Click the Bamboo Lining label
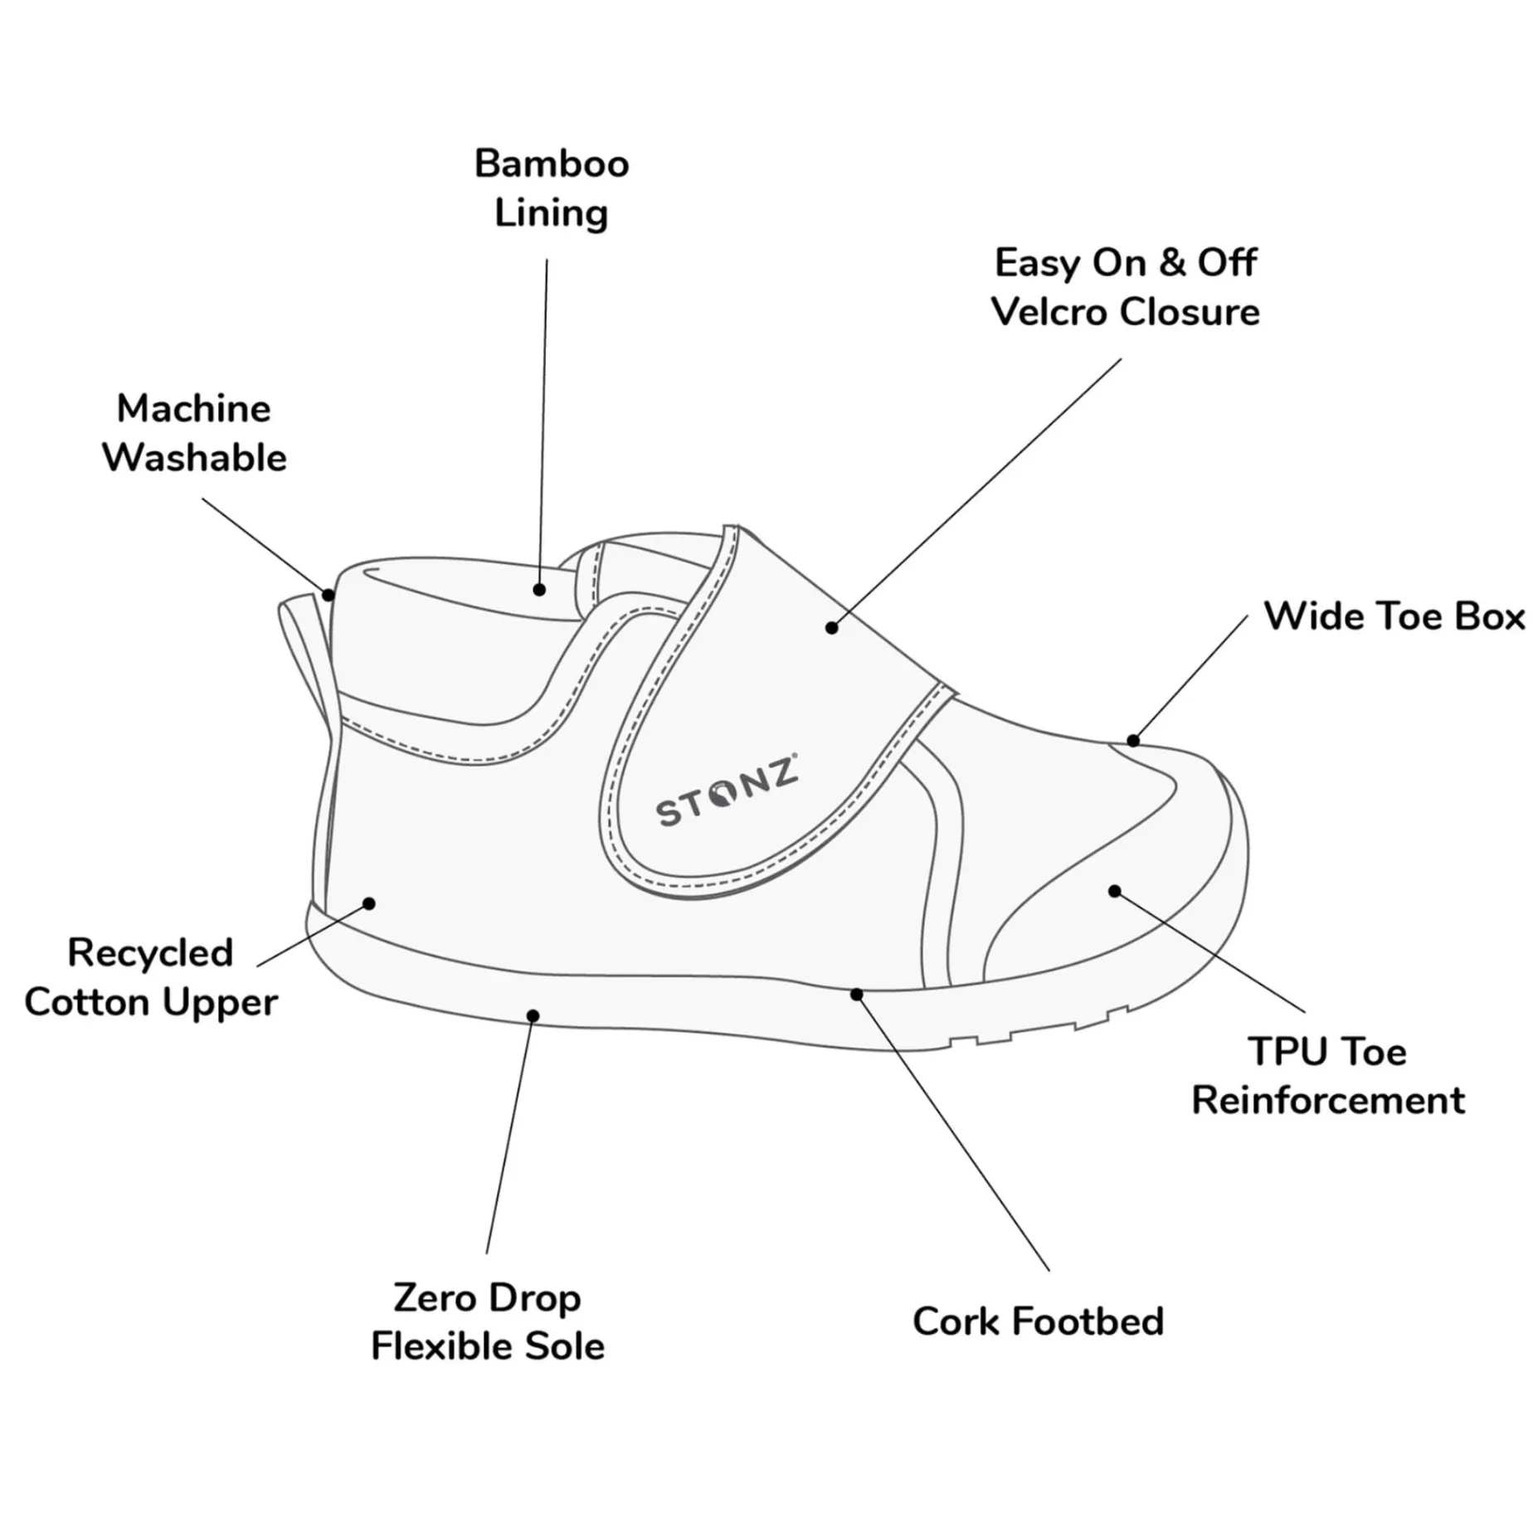(x=552, y=188)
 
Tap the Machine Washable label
(x=194, y=433)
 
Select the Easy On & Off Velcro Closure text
(x=1126, y=287)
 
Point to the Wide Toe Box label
(x=1394, y=616)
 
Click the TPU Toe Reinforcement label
(x=1328, y=1076)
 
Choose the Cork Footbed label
(x=1038, y=1322)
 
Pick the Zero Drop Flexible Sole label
(x=488, y=1322)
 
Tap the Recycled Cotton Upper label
(x=151, y=977)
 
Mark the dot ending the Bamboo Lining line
(x=539, y=590)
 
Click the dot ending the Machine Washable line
(x=328, y=595)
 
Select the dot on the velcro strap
(x=832, y=628)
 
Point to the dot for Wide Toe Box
(x=1133, y=740)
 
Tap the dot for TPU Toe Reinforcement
(x=1115, y=891)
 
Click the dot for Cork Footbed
(x=857, y=994)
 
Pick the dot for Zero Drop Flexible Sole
(x=533, y=1016)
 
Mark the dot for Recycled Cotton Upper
(x=370, y=903)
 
